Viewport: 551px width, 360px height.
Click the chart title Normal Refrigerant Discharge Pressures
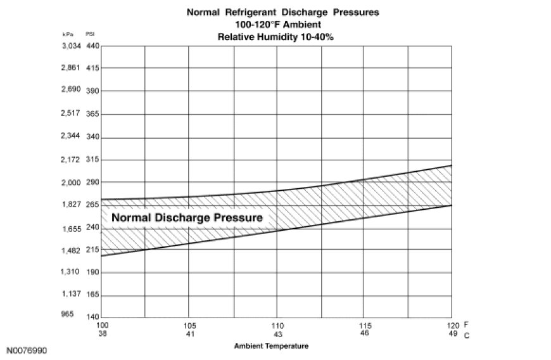point(275,12)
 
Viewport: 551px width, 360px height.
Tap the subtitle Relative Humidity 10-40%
point(275,37)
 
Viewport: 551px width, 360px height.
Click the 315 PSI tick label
point(92,160)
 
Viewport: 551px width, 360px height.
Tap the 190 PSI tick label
point(92,272)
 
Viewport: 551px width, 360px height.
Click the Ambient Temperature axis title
point(271,346)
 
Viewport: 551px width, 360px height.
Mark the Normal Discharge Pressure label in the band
point(187,217)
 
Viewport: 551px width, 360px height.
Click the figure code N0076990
point(27,350)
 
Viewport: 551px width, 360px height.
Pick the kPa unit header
point(69,34)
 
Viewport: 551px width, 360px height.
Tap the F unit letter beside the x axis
point(465,324)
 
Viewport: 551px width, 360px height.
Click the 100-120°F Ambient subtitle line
point(275,24)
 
